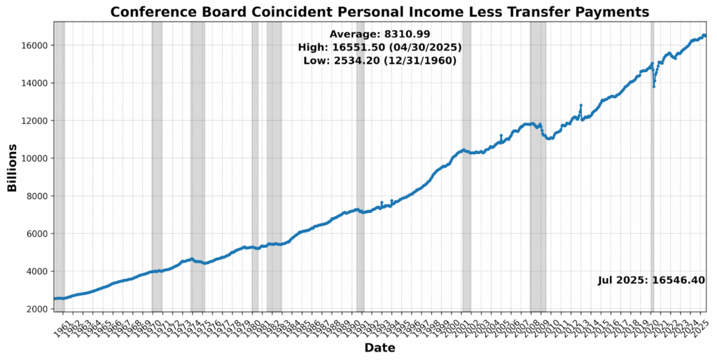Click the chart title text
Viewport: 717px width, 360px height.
coord(380,12)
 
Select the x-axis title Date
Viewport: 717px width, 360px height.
coord(380,348)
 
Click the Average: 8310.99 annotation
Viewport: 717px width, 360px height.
coord(380,34)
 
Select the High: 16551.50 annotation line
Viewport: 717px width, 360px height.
coord(380,47)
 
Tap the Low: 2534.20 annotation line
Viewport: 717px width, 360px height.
coord(380,61)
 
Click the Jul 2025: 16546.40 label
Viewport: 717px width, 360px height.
coord(651,280)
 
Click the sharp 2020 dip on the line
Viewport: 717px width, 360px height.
coord(654,86)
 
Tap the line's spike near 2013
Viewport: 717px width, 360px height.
coord(581,106)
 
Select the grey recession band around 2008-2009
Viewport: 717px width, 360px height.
coord(538,168)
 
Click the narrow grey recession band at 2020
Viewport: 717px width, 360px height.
coord(653,210)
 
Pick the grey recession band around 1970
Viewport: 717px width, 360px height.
coord(157,168)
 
